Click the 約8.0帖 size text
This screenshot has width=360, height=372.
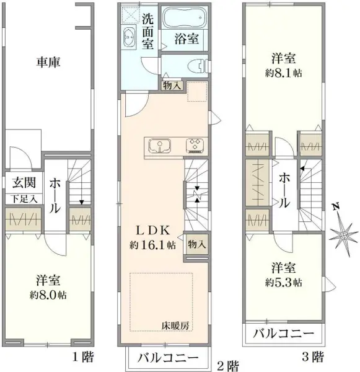coord(47,296)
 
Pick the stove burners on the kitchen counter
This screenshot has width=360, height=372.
coord(196,146)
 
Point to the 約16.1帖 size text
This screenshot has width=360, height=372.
coord(152,245)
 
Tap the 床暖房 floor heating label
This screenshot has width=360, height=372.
coord(175,324)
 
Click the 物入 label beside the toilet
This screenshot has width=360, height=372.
coord(172,86)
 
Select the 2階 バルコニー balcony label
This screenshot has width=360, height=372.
coord(168,358)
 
